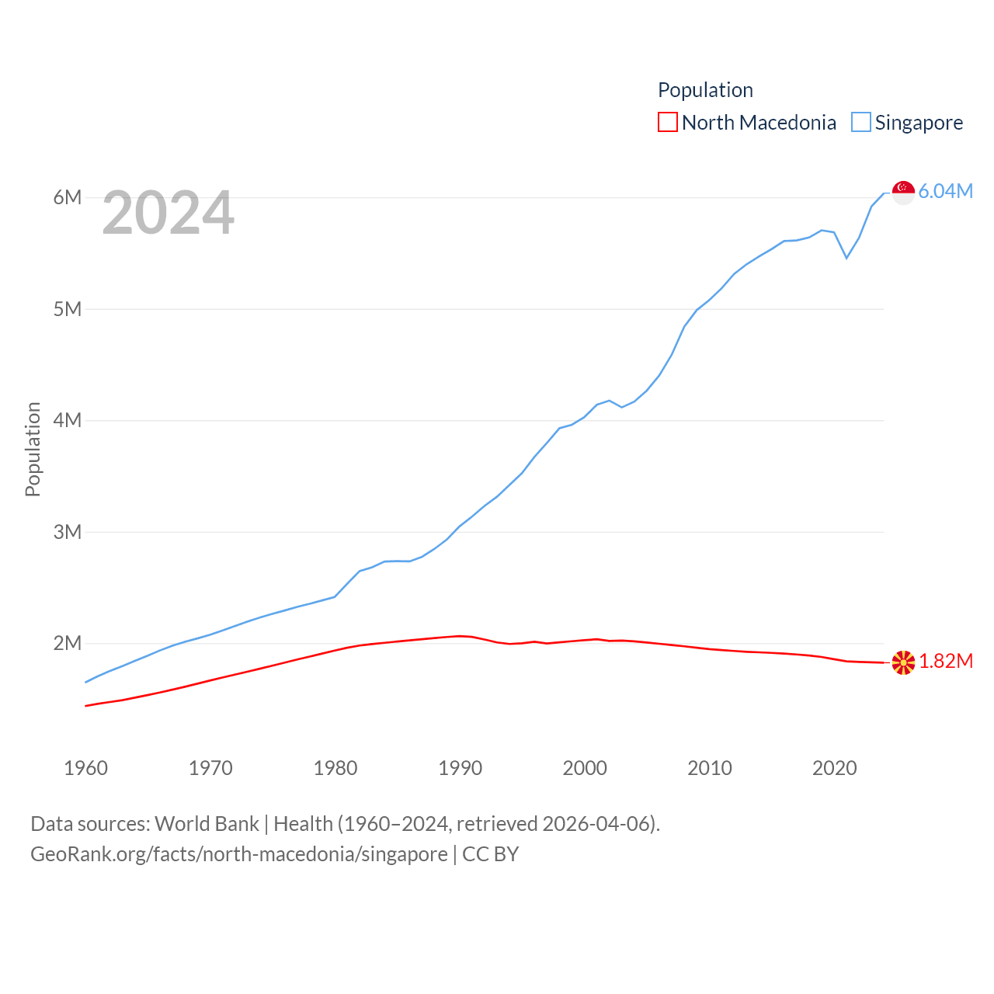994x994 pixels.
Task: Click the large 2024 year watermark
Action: point(168,213)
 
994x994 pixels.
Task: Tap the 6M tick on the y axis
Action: point(68,197)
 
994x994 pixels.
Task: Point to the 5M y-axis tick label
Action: point(68,309)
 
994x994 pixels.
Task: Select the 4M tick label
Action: point(68,420)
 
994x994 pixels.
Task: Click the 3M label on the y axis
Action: point(68,532)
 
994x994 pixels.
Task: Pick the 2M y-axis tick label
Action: point(68,643)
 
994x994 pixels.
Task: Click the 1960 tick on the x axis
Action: point(85,768)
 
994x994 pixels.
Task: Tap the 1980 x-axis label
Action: point(335,768)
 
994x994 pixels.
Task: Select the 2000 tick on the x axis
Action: point(585,768)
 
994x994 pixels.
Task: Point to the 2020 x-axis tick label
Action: point(834,768)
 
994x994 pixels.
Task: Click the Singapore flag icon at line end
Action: point(903,192)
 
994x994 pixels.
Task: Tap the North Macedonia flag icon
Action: point(903,662)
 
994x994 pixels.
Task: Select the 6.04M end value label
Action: point(946,192)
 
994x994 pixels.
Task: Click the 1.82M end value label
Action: point(946,661)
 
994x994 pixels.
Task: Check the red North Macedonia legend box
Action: point(668,123)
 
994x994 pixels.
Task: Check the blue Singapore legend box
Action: point(861,123)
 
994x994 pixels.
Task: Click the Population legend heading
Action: point(705,90)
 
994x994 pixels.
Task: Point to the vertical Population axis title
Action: point(33,449)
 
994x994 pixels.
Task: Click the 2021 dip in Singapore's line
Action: point(846,257)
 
